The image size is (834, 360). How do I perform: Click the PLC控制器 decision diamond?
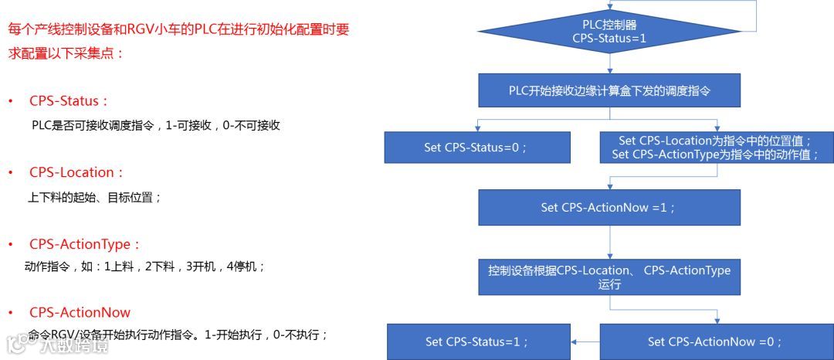click(x=609, y=30)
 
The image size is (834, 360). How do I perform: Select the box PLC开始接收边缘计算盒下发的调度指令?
click(x=609, y=90)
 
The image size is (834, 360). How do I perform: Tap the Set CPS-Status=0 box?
click(x=477, y=148)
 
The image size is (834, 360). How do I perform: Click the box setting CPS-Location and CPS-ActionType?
click(x=717, y=148)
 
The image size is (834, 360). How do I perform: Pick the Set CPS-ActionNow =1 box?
click(x=609, y=207)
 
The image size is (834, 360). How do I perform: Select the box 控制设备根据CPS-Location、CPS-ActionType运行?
click(x=609, y=277)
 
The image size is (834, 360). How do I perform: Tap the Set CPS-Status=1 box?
click(x=477, y=341)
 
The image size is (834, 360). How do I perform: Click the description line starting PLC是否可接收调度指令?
click(x=155, y=125)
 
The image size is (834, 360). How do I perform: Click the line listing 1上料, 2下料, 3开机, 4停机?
click(x=145, y=267)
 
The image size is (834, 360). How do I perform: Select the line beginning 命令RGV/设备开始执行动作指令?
click(x=178, y=335)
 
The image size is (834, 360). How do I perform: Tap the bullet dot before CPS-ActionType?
click(x=11, y=245)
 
